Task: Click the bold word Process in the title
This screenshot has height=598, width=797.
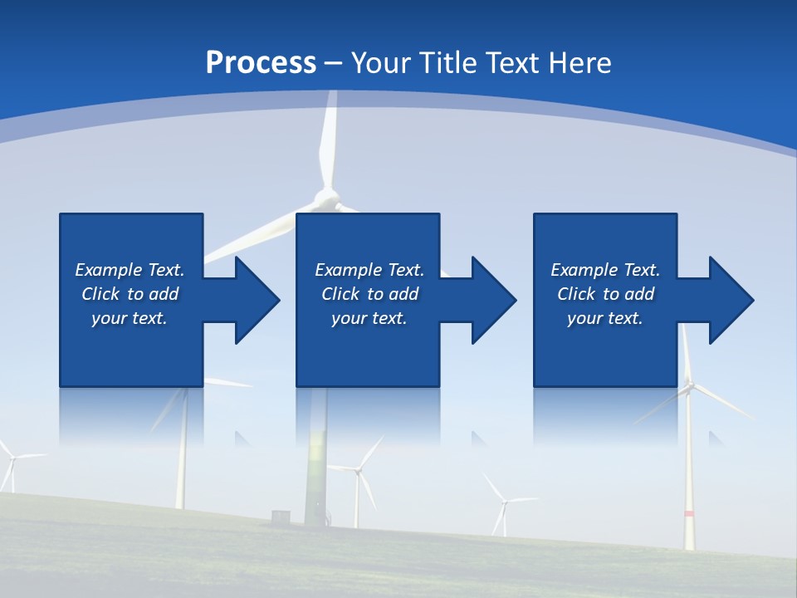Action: [x=261, y=63]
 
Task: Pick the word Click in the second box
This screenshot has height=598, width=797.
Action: [x=340, y=294]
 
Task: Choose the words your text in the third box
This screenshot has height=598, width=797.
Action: [x=604, y=318]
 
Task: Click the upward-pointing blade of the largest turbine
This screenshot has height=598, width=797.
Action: [x=330, y=141]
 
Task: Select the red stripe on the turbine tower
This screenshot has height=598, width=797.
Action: [x=688, y=514]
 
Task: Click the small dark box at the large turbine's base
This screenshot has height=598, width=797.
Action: [x=281, y=517]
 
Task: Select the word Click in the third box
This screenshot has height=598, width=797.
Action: [x=576, y=294]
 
